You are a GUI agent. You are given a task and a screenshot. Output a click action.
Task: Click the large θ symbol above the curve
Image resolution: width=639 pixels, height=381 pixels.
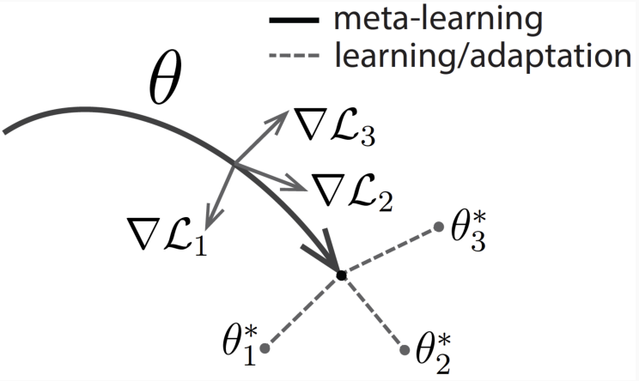click(x=165, y=79)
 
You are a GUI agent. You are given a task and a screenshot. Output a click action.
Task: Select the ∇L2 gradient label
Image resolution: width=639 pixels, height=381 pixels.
click(x=352, y=191)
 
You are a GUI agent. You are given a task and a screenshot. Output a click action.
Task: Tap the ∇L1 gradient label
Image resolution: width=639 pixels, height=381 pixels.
click(x=167, y=236)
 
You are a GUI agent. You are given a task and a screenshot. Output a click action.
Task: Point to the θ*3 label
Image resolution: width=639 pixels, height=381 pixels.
click(x=469, y=231)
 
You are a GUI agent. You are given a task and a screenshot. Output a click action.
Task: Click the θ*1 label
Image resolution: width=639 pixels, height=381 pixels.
click(x=240, y=345)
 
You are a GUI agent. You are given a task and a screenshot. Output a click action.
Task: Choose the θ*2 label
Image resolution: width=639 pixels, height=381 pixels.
click(x=433, y=353)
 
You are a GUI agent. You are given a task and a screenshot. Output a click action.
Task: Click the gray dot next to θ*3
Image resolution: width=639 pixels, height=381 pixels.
click(x=439, y=227)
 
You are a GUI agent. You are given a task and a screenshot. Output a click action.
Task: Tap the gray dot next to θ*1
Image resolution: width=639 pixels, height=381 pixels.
click(x=265, y=348)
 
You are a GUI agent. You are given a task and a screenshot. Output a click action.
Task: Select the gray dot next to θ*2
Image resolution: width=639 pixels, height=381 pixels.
click(x=405, y=349)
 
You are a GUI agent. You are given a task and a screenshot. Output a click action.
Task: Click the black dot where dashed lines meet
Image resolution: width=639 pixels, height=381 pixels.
click(x=342, y=275)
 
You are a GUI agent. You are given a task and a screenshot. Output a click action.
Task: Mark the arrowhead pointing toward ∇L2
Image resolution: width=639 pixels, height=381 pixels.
click(x=296, y=184)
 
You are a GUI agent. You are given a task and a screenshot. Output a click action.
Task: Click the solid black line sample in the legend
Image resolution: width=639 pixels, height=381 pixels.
click(x=294, y=20)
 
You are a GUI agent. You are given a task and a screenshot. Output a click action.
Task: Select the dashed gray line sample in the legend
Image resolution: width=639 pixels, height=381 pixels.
click(x=294, y=55)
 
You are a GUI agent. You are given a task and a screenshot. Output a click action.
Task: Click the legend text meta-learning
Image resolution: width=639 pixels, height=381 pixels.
click(x=438, y=19)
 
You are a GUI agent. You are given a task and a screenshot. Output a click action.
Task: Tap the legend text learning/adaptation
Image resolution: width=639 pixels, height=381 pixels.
click(x=483, y=55)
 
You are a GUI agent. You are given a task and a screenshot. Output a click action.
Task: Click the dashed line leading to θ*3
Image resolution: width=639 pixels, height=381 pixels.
click(x=390, y=251)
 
